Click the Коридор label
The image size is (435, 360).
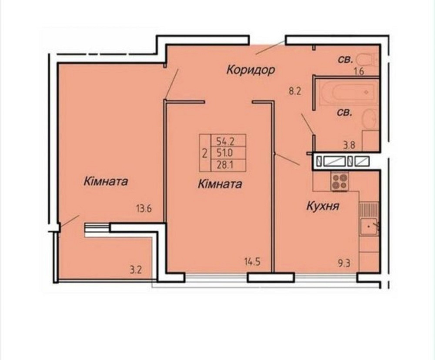(x=251, y=70)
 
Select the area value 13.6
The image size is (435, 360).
(x=143, y=208)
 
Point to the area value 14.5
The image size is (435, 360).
(x=252, y=262)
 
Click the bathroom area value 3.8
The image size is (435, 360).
(x=349, y=146)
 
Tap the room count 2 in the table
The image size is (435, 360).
(x=204, y=153)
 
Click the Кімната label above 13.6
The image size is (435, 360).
(x=106, y=181)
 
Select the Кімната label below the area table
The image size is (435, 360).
(x=220, y=184)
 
